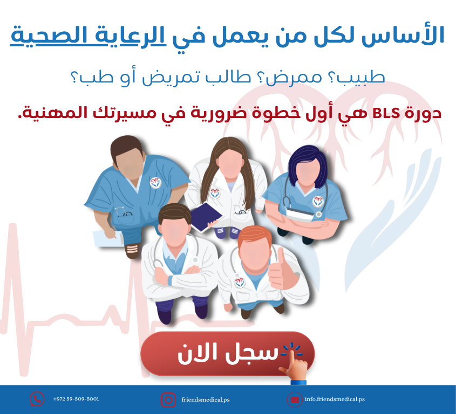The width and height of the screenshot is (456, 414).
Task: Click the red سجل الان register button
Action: pyautogui.click(x=227, y=354)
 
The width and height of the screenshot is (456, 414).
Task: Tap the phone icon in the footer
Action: pyautogui.click(x=37, y=399)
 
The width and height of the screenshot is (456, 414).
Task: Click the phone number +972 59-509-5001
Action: pyautogui.click(x=76, y=399)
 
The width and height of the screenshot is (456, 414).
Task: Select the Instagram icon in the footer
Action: pyautogui.click(x=168, y=400)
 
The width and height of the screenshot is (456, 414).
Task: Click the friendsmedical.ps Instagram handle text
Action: pyautogui.click(x=206, y=400)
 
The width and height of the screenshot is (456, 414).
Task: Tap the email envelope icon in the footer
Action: pyautogui.click(x=295, y=400)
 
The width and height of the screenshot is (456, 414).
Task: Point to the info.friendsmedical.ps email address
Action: pyautogui.click(x=335, y=399)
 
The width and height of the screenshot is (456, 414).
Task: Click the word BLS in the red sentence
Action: pyautogui.click(x=386, y=114)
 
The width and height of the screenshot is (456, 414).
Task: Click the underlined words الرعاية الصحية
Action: pyautogui.click(x=88, y=36)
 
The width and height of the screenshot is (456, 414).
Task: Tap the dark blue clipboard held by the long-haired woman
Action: pyautogui.click(x=206, y=217)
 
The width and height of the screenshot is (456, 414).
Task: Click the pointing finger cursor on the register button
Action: pyautogui.click(x=294, y=364)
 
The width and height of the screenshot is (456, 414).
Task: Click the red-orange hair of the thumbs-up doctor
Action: pyautogui.click(x=255, y=236)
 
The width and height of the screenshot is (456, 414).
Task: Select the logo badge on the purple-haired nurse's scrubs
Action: pyautogui.click(x=318, y=201)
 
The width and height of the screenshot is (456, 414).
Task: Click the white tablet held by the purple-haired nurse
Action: pyautogui.click(x=300, y=215)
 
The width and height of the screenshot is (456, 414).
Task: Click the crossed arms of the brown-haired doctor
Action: pyautogui.click(x=181, y=276)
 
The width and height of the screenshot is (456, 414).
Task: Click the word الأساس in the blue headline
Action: pyautogui.click(x=403, y=36)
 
